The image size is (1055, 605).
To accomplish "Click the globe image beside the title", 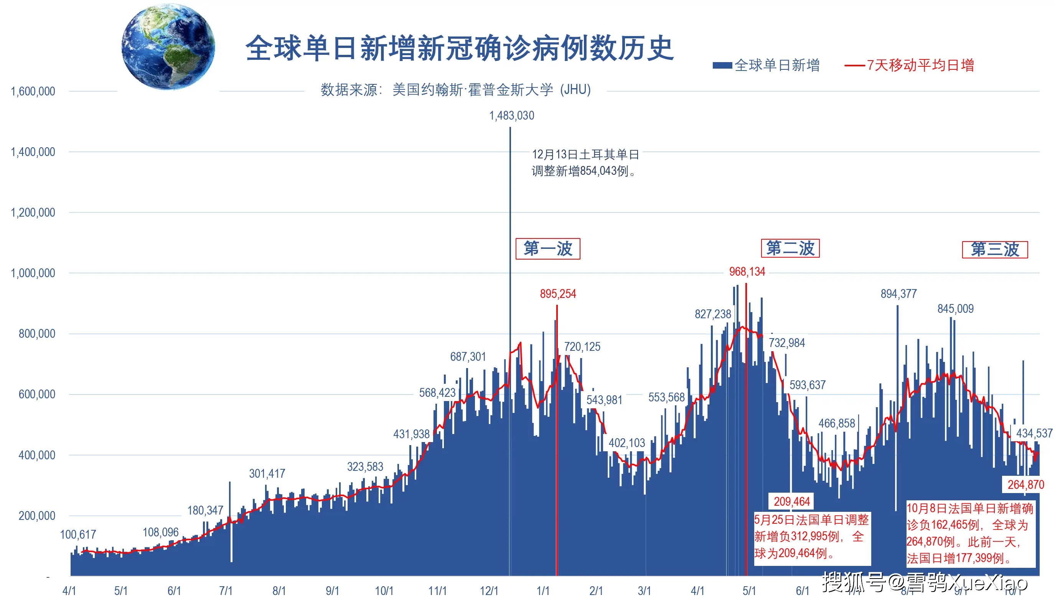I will coord(168,46).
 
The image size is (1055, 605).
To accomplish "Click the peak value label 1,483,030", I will coord(511,115).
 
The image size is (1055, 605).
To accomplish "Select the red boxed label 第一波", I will coord(547,249).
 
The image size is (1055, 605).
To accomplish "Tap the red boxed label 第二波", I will coord(790,248).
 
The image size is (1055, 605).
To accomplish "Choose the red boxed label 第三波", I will coord(994,250).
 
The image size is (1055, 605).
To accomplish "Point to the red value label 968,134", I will coord(747,272).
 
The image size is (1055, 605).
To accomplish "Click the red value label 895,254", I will coord(557,294).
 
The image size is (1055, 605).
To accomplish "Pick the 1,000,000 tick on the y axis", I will coord(33,273).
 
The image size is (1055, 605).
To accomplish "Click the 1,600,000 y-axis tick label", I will coord(33,91).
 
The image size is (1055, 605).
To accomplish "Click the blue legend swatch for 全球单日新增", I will coord(722,66).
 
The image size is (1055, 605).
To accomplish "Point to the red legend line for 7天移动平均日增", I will coord(855,66).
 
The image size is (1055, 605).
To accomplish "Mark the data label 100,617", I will coord(78,535).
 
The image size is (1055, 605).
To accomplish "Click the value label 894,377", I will coord(898,294).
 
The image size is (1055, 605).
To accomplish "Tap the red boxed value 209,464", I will coord(791,501).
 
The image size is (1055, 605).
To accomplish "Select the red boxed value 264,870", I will coord(1025,485).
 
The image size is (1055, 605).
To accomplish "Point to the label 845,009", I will coord(955,309).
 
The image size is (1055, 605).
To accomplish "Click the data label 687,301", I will coord(468,357).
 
